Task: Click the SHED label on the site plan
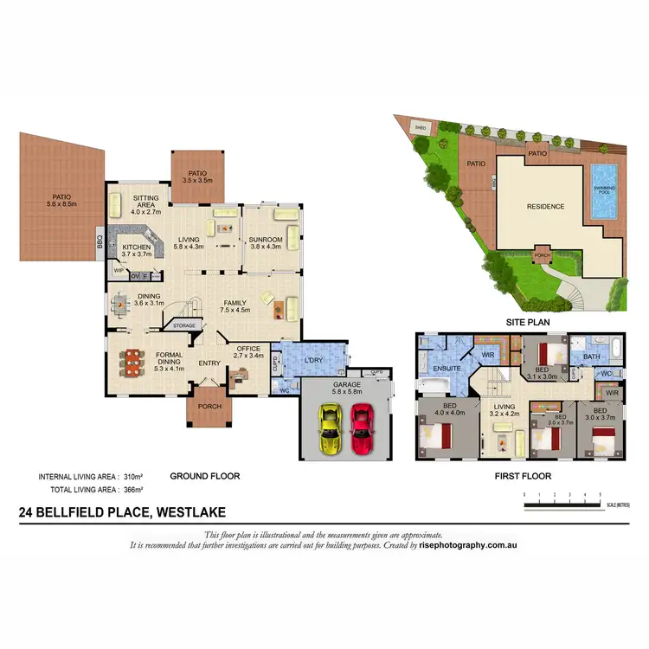[x=421, y=127]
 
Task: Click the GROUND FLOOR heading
[x=204, y=476]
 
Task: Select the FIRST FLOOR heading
[x=522, y=476]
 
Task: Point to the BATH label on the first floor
[x=592, y=356]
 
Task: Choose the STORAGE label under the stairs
[x=184, y=326]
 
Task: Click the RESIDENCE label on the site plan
[x=546, y=207]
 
